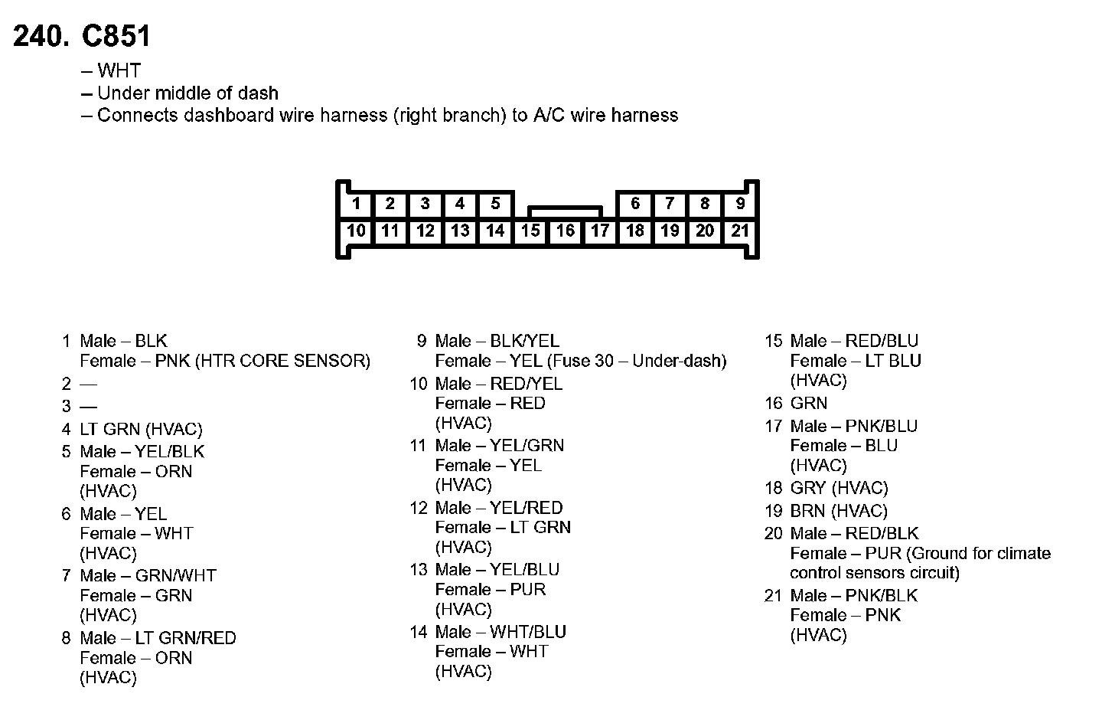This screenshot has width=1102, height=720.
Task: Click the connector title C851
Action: tap(116, 37)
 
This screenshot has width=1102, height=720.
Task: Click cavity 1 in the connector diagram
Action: tap(356, 204)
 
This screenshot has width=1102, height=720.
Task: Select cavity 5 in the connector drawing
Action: tap(495, 204)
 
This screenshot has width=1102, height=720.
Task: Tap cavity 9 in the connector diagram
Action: tap(739, 204)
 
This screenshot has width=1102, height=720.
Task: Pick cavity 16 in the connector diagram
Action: tap(565, 231)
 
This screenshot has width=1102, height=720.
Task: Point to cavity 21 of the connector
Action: tap(739, 231)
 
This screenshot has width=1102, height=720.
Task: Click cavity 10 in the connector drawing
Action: tap(356, 231)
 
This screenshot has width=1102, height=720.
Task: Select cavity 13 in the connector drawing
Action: tap(460, 231)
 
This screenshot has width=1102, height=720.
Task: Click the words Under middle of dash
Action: tap(187, 93)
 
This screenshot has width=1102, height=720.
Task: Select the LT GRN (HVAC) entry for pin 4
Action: tap(142, 430)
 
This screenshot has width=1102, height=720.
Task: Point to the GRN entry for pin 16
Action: tap(809, 404)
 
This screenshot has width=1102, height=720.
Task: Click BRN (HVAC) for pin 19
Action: tap(839, 511)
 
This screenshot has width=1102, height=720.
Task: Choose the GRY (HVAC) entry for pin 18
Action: tap(839, 489)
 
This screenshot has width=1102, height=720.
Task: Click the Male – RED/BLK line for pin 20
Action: tap(854, 534)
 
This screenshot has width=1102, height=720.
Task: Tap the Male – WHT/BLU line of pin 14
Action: tap(500, 633)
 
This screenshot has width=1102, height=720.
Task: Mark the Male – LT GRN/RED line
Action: tap(158, 638)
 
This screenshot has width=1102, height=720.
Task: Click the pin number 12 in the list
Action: tap(418, 508)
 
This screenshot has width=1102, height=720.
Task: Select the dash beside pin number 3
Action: tap(89, 406)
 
